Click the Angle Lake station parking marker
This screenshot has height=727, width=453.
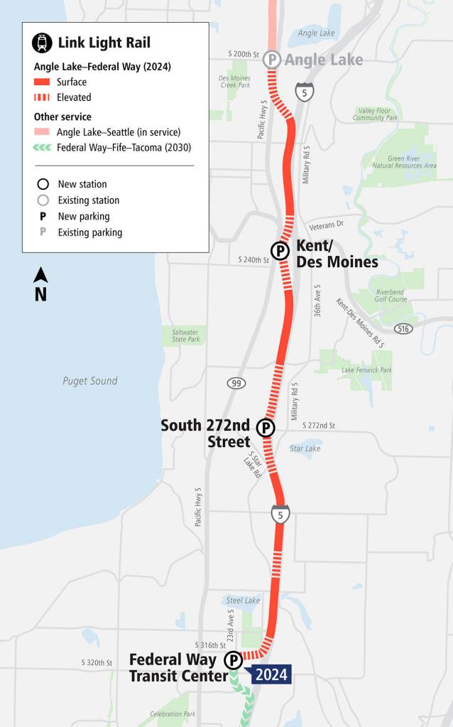[x=272, y=59]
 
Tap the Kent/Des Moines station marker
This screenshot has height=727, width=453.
[x=280, y=250]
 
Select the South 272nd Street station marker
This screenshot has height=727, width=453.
[x=266, y=428]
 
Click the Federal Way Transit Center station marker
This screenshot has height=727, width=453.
[x=233, y=661]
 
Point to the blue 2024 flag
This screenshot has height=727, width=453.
[x=271, y=674]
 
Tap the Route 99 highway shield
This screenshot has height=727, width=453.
[x=236, y=383]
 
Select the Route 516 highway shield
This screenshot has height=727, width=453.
[x=404, y=328]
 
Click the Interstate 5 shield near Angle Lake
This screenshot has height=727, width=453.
[x=305, y=92]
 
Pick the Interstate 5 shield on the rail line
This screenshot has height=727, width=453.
[x=280, y=514]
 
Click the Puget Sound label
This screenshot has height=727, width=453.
[x=89, y=381]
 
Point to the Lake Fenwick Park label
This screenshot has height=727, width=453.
[x=366, y=370]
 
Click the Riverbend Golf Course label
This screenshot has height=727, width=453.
[x=390, y=294]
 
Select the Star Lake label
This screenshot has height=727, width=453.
[x=305, y=448]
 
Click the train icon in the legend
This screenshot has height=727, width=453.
[x=42, y=43]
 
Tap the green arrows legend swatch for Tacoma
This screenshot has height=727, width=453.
[x=43, y=148]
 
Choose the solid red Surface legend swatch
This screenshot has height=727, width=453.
[x=43, y=82]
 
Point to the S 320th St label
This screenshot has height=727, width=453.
[x=97, y=663]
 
